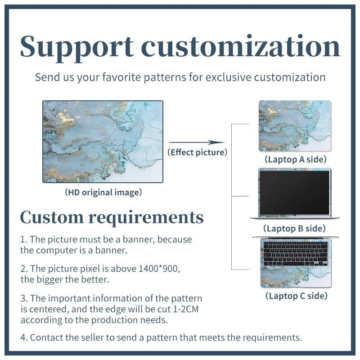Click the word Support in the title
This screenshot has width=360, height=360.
[x=76, y=46]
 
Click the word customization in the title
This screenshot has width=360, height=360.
[x=243, y=46]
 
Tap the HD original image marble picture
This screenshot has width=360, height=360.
[x=103, y=141]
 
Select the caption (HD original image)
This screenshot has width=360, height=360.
[x=103, y=193]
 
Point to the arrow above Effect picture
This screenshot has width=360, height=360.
[x=197, y=142]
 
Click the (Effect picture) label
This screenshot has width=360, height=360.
[x=198, y=152]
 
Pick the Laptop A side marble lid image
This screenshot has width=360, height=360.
[x=295, y=126]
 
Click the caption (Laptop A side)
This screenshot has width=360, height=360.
[x=295, y=159]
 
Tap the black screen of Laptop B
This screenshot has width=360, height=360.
[x=295, y=193]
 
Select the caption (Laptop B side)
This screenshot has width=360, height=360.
[x=294, y=229]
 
